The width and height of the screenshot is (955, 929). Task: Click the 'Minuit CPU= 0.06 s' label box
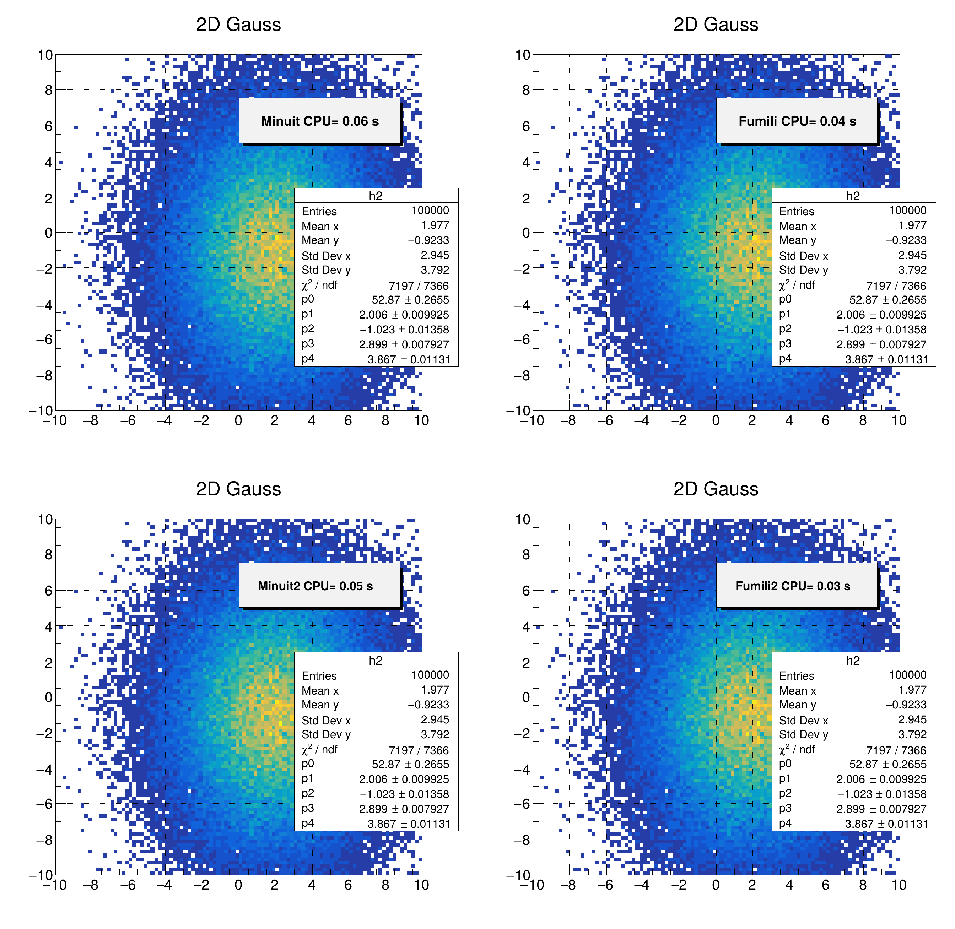coord(320,121)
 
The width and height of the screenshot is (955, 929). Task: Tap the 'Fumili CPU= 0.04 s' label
coord(797,121)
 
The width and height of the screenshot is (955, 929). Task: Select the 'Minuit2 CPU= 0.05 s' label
coord(315,586)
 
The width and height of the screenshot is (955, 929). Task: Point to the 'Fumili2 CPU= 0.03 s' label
coord(793,586)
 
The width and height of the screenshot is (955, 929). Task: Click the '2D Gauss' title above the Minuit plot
coord(238,25)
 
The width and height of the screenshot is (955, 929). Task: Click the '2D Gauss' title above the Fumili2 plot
coord(716,489)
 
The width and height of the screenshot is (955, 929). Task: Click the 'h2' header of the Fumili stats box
coord(853,196)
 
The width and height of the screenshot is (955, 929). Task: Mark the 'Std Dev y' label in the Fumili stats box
coord(804,270)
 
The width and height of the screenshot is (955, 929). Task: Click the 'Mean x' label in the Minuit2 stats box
coord(320,690)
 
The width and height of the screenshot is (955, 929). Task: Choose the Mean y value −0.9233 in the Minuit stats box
coord(428,240)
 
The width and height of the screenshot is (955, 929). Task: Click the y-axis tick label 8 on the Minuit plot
coord(48,90)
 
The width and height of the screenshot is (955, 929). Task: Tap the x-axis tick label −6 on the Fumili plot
coord(605,420)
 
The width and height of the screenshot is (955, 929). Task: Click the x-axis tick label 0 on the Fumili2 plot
coord(716,885)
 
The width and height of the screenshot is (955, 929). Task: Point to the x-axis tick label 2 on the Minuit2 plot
coord(275,885)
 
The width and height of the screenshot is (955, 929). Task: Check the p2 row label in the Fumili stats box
coord(785,329)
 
